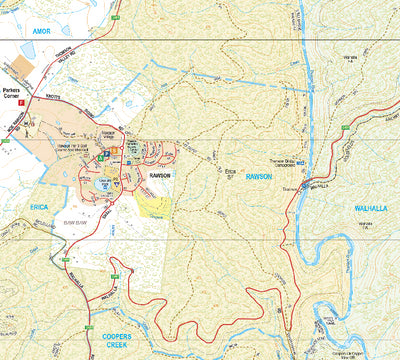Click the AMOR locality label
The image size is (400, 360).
click(x=15, y=31)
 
